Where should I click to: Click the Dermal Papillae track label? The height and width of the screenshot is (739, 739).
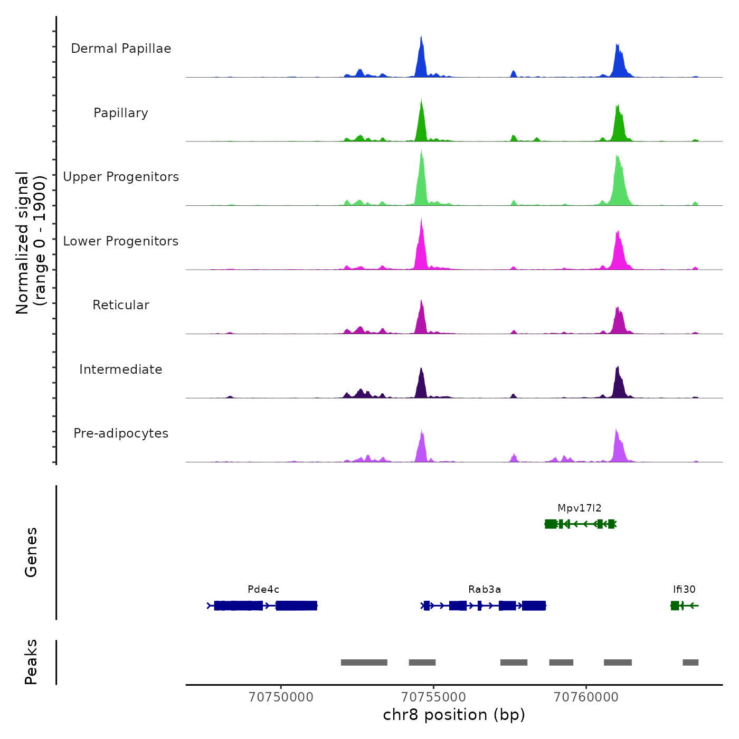121,49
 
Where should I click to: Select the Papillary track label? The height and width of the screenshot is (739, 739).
121,113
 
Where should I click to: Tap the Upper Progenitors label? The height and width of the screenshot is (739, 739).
121,177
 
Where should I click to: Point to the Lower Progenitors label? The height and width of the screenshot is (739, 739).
121,241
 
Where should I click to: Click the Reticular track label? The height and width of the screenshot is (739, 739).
121,305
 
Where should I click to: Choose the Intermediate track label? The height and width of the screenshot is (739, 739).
121,369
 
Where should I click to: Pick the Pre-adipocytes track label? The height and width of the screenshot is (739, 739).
121,433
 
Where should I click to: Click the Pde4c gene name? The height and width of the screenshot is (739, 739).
263,590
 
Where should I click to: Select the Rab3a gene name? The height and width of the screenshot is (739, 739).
485,590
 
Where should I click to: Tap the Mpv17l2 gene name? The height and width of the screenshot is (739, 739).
580,508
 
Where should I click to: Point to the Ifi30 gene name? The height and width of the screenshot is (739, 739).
684,590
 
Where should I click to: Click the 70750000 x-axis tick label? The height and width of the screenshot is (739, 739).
281,697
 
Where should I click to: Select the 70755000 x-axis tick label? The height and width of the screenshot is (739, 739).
434,697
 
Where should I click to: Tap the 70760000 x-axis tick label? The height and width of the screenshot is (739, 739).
586,697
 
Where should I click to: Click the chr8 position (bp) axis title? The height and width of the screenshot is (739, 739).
454,715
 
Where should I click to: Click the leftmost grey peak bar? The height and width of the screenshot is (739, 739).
364,662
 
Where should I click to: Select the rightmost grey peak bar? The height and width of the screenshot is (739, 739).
690,662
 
